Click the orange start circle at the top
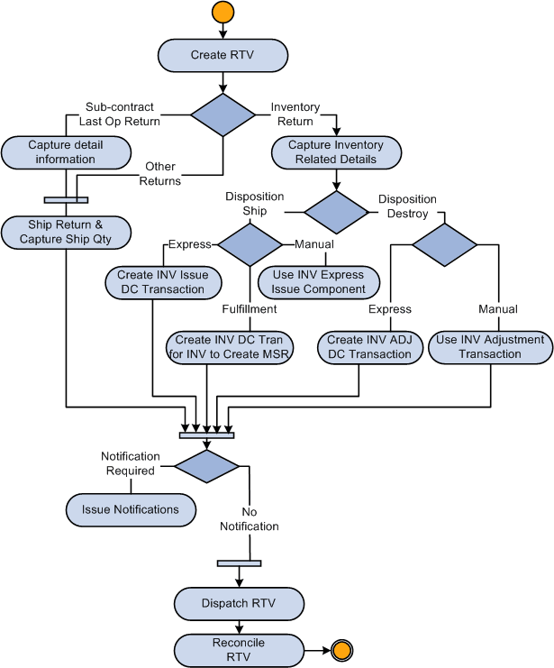[223, 13]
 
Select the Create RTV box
[223, 55]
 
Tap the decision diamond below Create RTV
[223, 114]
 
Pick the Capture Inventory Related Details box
[336, 152]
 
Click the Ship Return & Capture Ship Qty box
[67, 232]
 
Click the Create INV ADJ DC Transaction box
[369, 347]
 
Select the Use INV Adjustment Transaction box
[490, 347]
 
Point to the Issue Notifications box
[130, 509]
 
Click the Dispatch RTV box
[239, 603]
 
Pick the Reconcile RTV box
[239, 648]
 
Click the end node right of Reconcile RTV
[341, 648]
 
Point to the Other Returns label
[159, 174]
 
